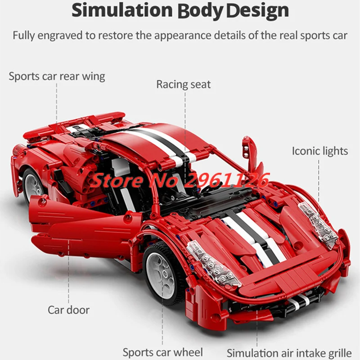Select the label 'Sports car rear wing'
click(57, 76)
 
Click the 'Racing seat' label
click(183, 84)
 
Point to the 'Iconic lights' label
click(320, 150)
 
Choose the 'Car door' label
click(68, 310)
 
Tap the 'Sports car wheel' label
click(163, 352)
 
